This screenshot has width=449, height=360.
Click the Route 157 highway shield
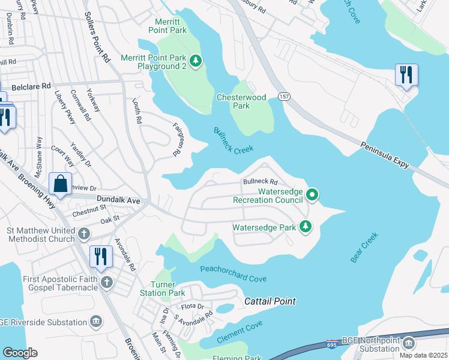coord(284,97)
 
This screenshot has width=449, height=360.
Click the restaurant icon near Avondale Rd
coord(100,256)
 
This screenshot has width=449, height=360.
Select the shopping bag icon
coord(61,184)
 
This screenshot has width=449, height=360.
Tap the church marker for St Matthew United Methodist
coord(83,233)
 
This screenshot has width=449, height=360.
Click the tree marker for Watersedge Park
coord(306,227)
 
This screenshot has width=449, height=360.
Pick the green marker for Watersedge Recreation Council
coord(312,194)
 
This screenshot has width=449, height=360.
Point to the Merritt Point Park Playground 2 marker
coord(195,61)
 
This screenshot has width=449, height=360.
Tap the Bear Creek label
coord(364,247)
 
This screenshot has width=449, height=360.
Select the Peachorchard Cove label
coord(233,274)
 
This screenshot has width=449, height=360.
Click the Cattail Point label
coord(270,301)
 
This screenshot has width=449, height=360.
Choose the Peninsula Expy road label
coord(388,154)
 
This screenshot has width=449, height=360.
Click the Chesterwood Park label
coord(241,101)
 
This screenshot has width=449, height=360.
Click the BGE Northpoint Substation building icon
coord(408,343)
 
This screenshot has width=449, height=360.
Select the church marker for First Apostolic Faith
coord(107,282)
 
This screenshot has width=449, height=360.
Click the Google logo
coord(20,353)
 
